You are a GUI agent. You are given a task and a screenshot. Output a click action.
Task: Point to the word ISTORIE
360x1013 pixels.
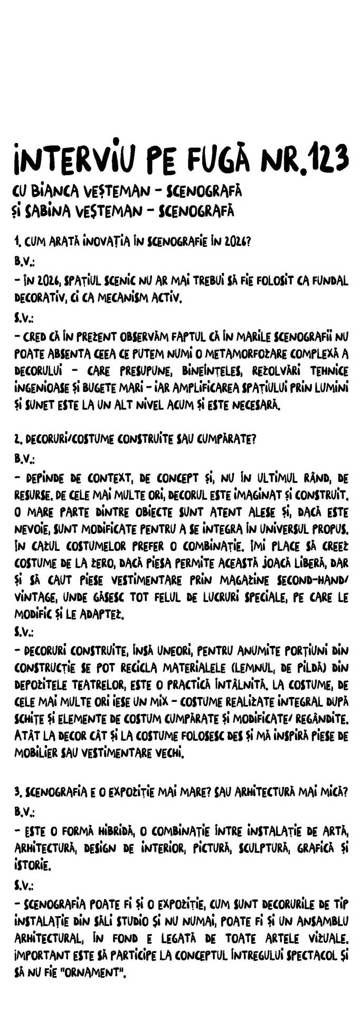tap(33, 866)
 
